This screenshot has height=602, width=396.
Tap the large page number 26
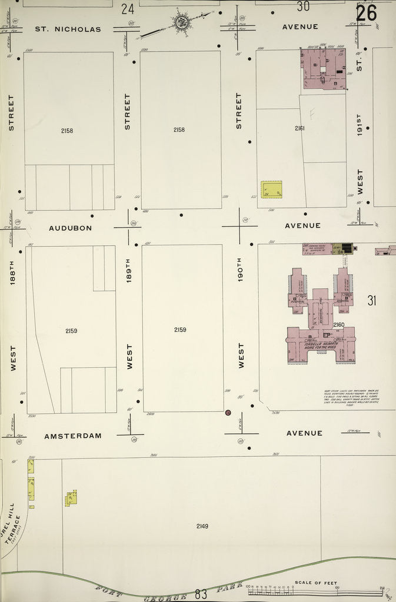pos(366,12)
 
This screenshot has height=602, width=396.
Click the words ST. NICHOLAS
pos(68,29)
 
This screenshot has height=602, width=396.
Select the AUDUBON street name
pos(70,228)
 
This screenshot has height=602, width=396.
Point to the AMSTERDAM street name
pos(73,436)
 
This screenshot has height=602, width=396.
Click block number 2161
pos(300,128)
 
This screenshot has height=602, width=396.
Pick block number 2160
pos(338,325)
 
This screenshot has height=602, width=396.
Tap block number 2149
pos(202,526)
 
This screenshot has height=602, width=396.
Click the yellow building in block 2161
pos(271,189)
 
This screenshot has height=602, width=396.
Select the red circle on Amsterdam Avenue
pos(228,413)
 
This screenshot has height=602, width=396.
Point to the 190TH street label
pos(240,269)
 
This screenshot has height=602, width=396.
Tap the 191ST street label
pos(360,124)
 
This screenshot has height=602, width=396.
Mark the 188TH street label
pos(12,273)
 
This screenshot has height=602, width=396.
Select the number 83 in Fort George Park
pos(201,594)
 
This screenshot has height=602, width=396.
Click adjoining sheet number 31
pos(371,300)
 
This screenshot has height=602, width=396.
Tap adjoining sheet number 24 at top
pos(127,8)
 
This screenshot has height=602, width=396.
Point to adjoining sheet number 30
pos(303,6)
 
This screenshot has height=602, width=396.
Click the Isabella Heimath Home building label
pos(321,346)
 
